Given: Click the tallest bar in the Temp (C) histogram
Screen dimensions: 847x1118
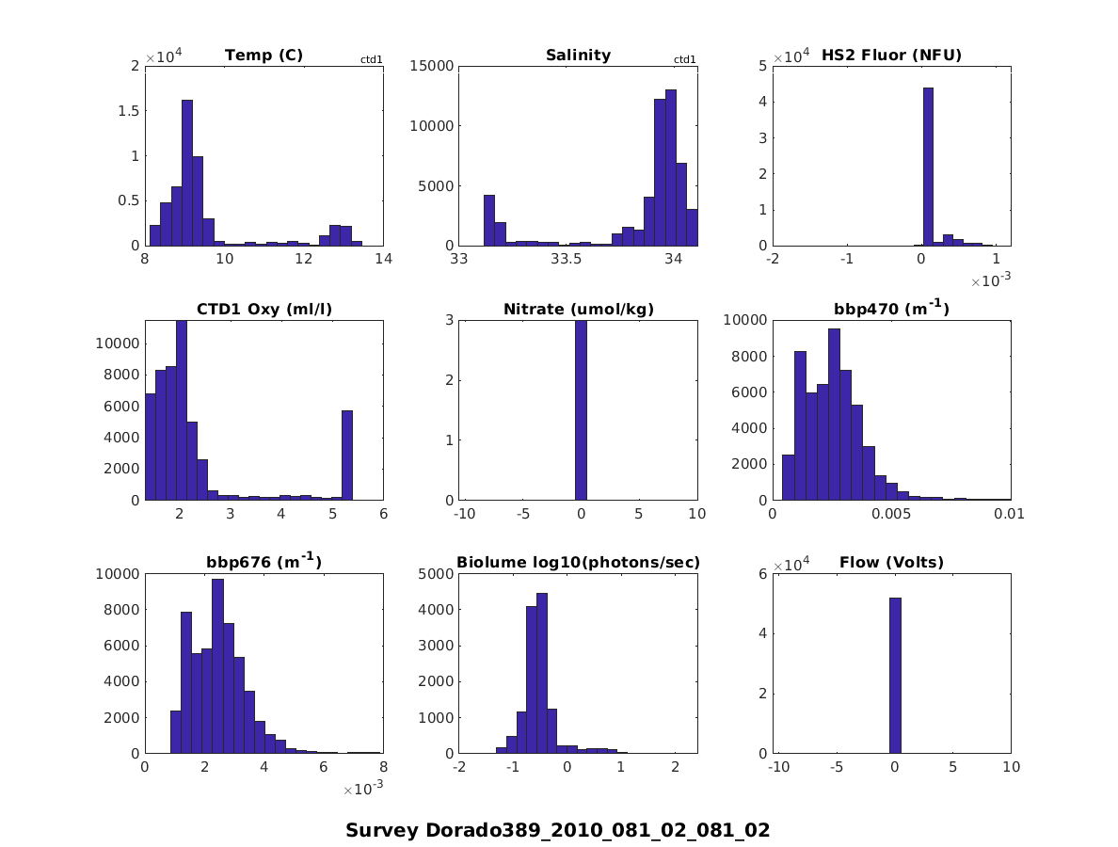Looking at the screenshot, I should tap(187, 173).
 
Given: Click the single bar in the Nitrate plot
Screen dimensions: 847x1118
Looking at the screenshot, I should tap(581, 410).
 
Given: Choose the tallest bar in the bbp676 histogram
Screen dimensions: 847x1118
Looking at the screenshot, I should tap(217, 666).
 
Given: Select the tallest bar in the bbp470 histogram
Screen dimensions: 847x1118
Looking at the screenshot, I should tap(834, 414).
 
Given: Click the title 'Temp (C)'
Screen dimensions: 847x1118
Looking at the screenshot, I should tap(264, 56).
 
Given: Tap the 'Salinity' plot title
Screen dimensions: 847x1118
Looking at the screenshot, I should tap(578, 56).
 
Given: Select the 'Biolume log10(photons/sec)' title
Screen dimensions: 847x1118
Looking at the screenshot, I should tap(578, 563).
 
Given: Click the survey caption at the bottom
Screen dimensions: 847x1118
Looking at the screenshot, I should tap(558, 830).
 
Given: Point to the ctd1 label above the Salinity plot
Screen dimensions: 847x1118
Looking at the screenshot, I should tap(685, 60).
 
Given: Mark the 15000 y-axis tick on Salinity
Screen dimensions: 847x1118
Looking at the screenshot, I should tap(431, 66).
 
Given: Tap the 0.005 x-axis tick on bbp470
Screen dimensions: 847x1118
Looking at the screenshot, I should tap(891, 514).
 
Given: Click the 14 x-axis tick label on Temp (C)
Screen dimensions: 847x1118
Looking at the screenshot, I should tap(383, 259).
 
